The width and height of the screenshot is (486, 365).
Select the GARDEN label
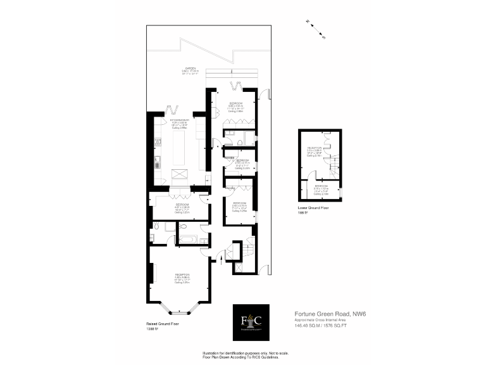190,68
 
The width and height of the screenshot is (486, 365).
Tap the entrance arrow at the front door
221,262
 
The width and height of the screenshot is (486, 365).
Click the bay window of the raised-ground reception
177,309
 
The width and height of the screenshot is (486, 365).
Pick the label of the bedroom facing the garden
236,103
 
